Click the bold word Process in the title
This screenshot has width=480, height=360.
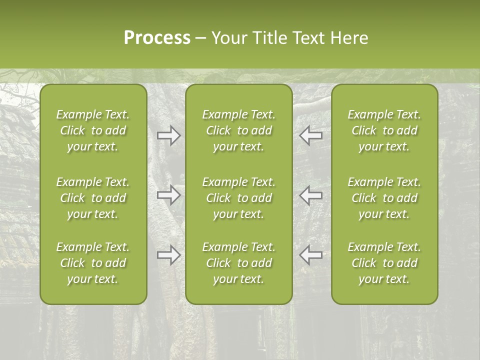[x=157, y=38]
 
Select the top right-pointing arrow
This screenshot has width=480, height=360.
[x=168, y=135]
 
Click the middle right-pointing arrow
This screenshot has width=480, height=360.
[x=168, y=195]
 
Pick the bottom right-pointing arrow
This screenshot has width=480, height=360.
[x=168, y=255]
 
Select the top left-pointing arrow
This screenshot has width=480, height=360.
[x=311, y=135]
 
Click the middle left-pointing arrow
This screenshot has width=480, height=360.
[x=311, y=195]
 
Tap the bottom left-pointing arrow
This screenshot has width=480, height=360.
[x=311, y=255]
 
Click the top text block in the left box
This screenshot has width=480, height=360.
[x=93, y=130]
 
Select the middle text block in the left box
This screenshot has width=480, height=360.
[x=93, y=198]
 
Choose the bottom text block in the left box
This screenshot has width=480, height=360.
[x=93, y=263]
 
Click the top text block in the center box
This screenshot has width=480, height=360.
[x=238, y=130]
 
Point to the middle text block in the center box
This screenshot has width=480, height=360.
[x=238, y=198]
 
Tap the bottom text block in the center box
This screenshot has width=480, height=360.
[x=238, y=263]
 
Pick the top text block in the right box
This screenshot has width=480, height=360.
[x=384, y=130]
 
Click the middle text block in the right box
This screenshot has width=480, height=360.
[x=384, y=198]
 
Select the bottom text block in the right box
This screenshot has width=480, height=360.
[x=384, y=263]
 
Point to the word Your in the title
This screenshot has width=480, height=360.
[x=229, y=38]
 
